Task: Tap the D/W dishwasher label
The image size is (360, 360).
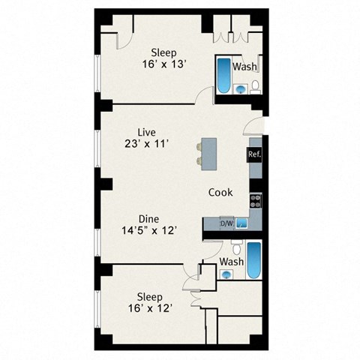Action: coord(227,223)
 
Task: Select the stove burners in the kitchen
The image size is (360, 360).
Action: coord(255,200)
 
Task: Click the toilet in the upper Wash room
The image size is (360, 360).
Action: coord(254,88)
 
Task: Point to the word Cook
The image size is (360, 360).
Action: coord(220,193)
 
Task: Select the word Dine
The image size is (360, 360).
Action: coord(147,219)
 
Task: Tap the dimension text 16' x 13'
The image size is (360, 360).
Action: coord(163,64)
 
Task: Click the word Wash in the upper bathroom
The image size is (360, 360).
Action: coord(244,67)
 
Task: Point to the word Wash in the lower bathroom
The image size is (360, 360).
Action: coord(231,262)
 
